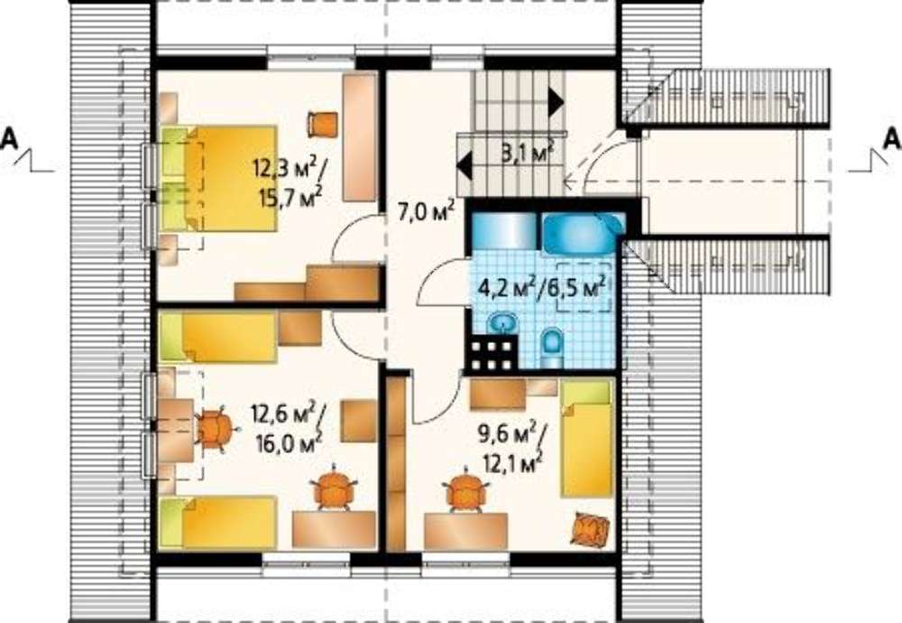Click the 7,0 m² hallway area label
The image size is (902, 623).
tap(427, 211)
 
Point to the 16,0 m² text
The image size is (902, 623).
tap(290, 442)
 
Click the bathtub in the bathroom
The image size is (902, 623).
tap(583, 234)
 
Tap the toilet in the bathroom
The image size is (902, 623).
tap(552, 348)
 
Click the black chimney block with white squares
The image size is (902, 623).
tap(492, 354)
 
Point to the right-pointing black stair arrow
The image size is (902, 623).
tap(556, 102)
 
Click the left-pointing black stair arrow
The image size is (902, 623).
tap(465, 166)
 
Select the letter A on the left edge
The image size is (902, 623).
tap(9, 138)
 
